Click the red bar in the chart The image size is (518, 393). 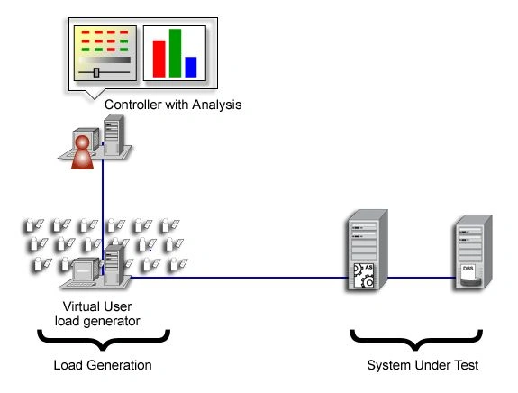click(159, 59)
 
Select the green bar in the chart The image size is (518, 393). click(175, 53)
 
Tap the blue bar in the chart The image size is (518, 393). click(191, 67)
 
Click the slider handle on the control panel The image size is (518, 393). click(96, 72)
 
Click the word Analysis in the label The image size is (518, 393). click(217, 105)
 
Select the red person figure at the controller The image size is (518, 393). click(82, 152)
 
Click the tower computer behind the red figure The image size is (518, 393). click(114, 135)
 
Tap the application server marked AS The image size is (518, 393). click(368, 250)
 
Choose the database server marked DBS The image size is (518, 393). click(473, 251)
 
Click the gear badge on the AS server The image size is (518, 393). click(364, 275)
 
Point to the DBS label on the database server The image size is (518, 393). click(468, 269)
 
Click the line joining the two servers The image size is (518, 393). click(421, 278)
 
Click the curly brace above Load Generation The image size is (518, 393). click(104, 340)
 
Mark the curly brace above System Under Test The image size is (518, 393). click(416, 340)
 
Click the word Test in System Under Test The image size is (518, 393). click(466, 365)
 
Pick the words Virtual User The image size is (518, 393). click(97, 306)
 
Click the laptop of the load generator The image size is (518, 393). click(79, 274)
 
